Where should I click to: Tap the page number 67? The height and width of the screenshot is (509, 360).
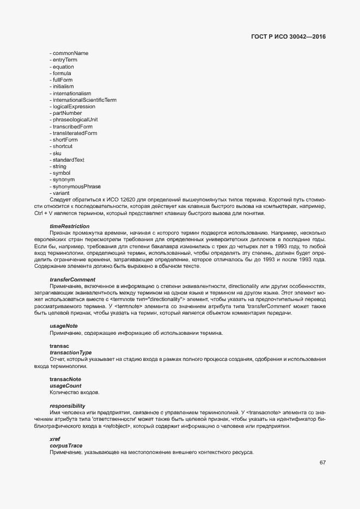(x=323, y=463)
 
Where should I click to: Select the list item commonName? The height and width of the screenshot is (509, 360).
(x=70, y=53)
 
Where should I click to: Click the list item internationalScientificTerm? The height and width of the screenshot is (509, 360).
(x=84, y=100)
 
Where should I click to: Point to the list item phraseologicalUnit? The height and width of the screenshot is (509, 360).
(x=75, y=120)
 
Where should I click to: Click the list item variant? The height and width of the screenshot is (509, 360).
(x=60, y=193)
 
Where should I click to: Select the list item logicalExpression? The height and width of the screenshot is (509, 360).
(x=74, y=107)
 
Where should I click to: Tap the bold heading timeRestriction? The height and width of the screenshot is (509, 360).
(x=69, y=226)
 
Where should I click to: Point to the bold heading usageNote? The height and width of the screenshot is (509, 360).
(x=64, y=326)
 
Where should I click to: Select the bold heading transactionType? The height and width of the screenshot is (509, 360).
(x=70, y=353)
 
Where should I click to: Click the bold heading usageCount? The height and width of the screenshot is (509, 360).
(x=65, y=385)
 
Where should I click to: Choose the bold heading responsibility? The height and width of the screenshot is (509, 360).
(x=67, y=406)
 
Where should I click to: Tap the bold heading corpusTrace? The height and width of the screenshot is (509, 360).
(x=66, y=446)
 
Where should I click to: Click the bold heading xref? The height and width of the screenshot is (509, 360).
(x=55, y=439)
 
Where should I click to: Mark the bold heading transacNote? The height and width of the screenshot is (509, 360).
(x=65, y=379)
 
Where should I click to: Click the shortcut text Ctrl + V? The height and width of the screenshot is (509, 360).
(x=46, y=213)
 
